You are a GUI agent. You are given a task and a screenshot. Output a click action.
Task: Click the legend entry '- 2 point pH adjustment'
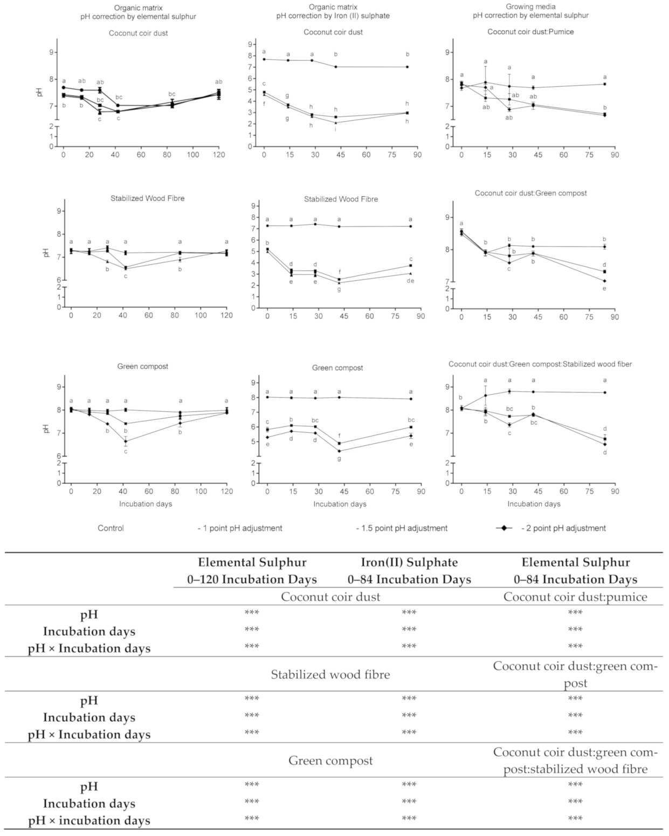(x=563, y=528)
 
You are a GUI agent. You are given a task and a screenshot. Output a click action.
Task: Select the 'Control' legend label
(x=111, y=528)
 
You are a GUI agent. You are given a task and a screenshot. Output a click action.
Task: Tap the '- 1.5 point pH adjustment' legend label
(x=402, y=528)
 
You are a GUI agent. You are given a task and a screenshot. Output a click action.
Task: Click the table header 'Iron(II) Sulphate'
(x=409, y=562)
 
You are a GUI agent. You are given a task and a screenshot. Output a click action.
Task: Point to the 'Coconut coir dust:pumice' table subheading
(x=575, y=597)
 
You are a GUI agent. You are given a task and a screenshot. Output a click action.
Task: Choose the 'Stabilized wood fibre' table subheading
(x=330, y=674)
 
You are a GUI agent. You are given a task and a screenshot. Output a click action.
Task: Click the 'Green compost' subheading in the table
(x=330, y=761)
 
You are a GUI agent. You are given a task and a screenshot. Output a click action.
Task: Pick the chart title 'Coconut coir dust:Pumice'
(x=530, y=32)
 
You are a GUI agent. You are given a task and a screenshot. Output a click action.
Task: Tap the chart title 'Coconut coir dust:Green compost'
(x=530, y=193)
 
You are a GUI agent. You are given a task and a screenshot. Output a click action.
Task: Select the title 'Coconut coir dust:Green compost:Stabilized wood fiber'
(x=540, y=364)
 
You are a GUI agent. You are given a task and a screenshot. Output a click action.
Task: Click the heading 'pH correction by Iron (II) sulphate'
(x=333, y=16)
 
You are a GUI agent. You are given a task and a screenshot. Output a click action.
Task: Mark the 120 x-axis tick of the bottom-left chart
(x=226, y=492)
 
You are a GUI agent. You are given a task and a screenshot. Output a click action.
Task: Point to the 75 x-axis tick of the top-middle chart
(x=392, y=155)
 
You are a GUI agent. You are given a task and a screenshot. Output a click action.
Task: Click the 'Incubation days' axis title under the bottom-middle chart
(x=340, y=504)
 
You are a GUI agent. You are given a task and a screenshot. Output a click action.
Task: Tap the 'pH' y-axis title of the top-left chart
(x=39, y=92)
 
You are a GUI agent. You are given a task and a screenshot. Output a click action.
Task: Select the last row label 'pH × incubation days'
(x=89, y=821)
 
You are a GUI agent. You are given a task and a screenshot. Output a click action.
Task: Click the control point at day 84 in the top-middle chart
(x=407, y=67)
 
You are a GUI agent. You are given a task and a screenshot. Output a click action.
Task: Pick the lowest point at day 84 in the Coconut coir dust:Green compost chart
(x=604, y=281)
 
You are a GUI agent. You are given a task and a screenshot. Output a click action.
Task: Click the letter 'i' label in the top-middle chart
(x=335, y=129)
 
